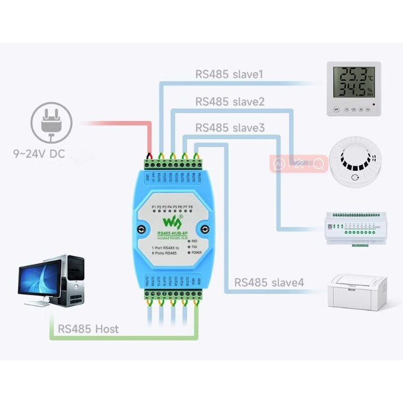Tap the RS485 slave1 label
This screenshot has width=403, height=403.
click(229, 75)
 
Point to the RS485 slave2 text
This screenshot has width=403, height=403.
click(230, 101)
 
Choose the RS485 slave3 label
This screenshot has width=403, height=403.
click(230, 128)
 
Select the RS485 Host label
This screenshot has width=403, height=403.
click(88, 329)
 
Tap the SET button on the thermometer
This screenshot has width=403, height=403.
click(335, 109)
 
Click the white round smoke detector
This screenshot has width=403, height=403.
click(355, 164)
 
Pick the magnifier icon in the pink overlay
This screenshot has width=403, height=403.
click(318, 164)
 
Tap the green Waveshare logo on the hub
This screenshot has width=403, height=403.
click(171, 222)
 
